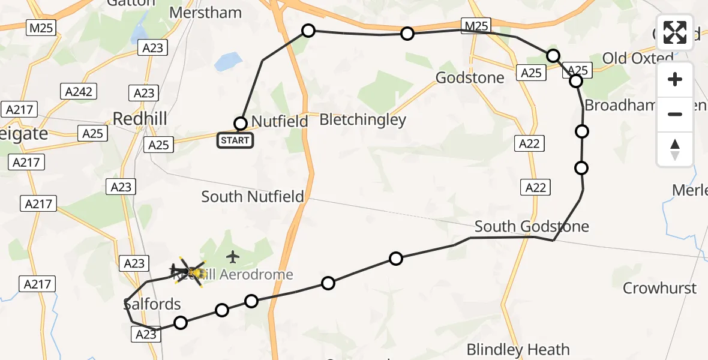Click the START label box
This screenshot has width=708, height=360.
(x=235, y=141)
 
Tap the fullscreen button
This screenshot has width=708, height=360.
(x=675, y=32)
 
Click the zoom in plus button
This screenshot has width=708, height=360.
(x=675, y=79)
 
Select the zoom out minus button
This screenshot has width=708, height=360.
(x=675, y=114)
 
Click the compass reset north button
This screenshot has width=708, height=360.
(x=675, y=149)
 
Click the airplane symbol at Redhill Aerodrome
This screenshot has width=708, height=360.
(x=233, y=257)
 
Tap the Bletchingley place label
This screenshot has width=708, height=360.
(x=362, y=119)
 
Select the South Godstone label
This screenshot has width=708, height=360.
(x=532, y=226)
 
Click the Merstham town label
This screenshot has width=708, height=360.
(x=205, y=13)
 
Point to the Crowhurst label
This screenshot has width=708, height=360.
(x=659, y=288)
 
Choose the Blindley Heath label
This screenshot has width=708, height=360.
(x=518, y=349)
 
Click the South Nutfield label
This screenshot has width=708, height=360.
(x=253, y=196)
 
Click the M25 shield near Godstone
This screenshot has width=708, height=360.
(x=476, y=25)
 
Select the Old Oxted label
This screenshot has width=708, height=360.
(x=638, y=58)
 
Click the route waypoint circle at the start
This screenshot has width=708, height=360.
(x=241, y=124)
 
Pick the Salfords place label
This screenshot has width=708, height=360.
(x=152, y=304)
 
